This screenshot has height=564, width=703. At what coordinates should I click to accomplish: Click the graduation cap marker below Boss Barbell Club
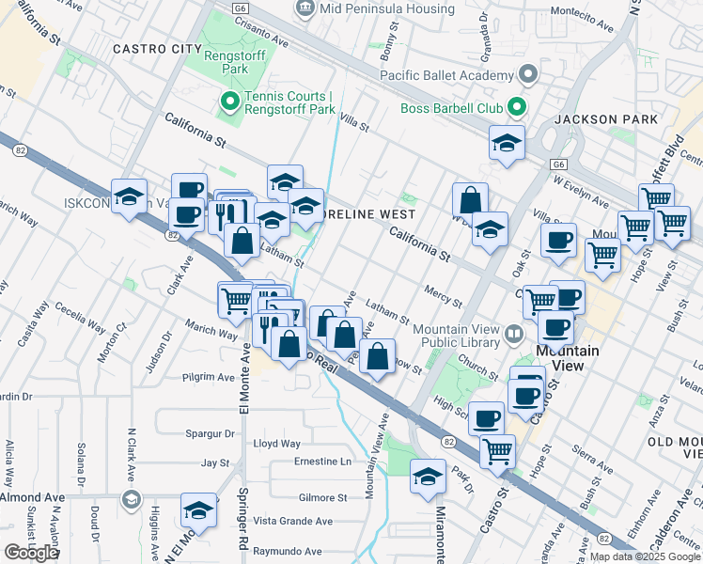click(507, 144)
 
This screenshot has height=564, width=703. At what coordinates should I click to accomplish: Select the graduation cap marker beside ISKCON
click(129, 196)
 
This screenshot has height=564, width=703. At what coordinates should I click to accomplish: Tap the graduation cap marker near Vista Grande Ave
click(198, 510)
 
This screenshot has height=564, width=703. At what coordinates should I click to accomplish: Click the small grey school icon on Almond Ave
click(131, 498)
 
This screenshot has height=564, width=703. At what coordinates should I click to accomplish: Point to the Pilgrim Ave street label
click(209, 377)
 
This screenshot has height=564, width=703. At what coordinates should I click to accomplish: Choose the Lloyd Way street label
click(277, 444)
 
